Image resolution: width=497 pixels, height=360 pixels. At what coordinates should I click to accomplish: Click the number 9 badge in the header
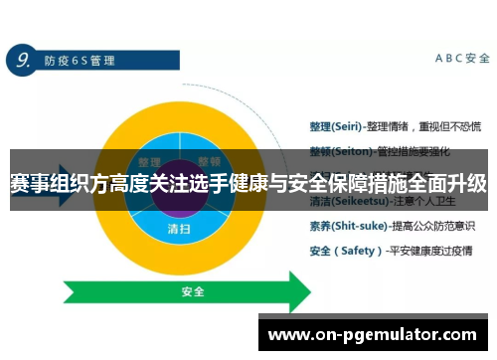point(20,60)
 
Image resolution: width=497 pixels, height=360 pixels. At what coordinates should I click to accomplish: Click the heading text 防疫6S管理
point(80,61)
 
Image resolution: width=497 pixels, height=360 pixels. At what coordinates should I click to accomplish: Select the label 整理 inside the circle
point(150,161)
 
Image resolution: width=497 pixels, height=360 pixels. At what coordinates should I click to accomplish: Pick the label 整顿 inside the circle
point(209,161)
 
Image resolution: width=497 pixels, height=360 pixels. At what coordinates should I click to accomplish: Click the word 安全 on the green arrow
point(193,292)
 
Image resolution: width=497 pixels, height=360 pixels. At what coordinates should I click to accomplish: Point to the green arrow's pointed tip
point(316,292)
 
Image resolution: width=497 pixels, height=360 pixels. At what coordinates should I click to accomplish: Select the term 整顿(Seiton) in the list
point(333,143)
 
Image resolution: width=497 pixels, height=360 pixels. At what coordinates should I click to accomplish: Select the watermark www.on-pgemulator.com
point(373,335)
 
